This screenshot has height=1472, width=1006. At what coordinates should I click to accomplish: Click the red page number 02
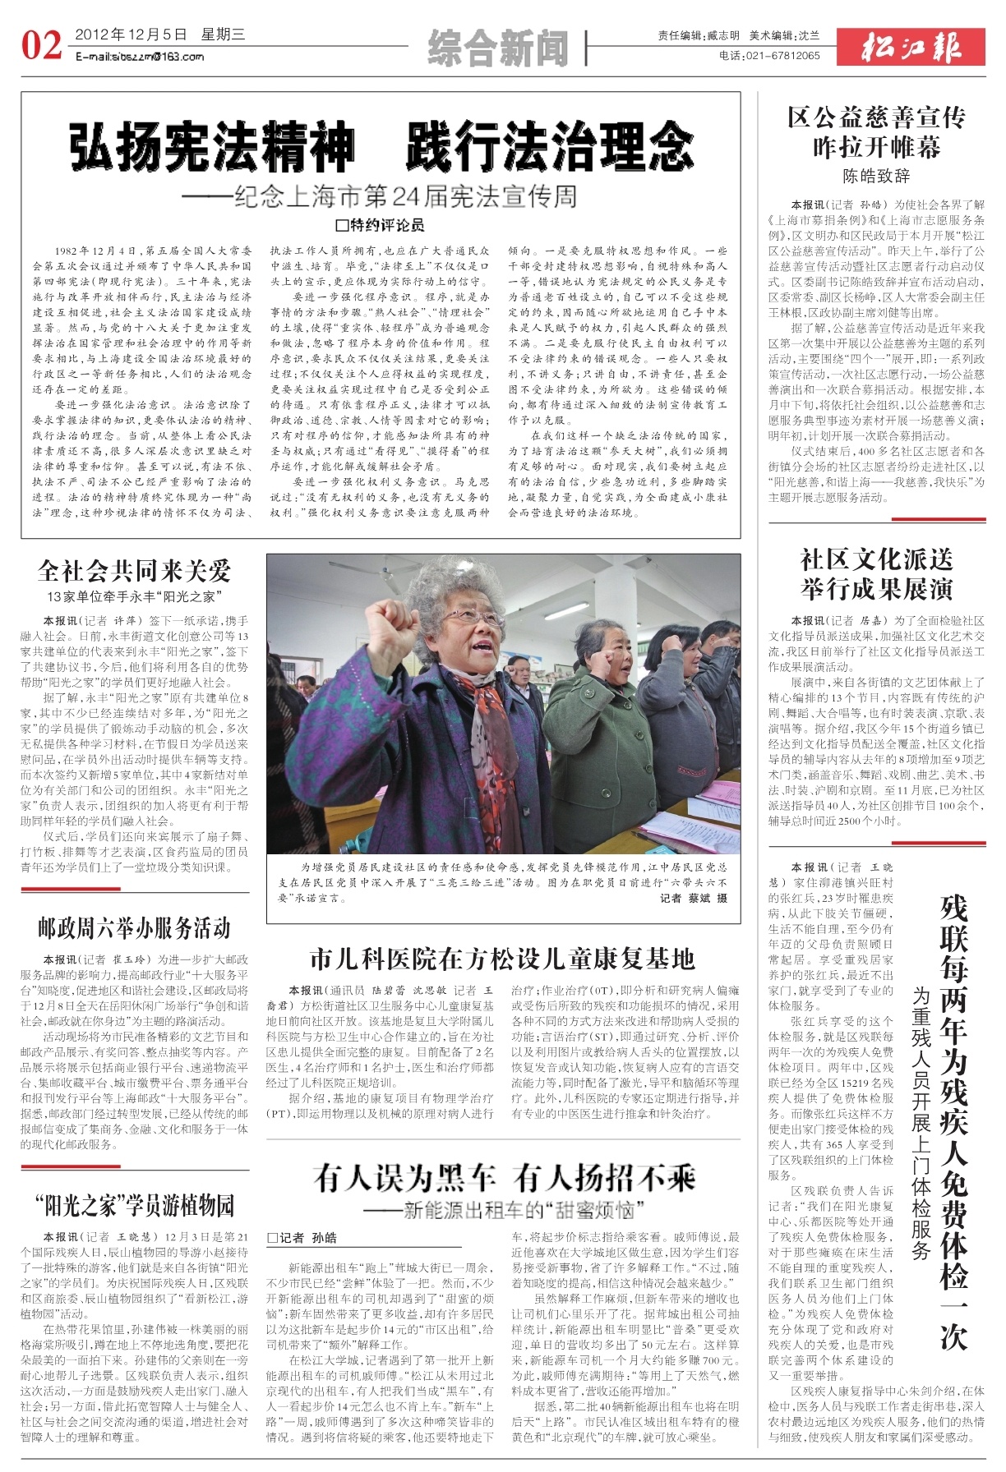pyautogui.click(x=41, y=45)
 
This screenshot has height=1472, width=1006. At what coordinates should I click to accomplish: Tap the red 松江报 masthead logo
pyautogui.click(x=911, y=48)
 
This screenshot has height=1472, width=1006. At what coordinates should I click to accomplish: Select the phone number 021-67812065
pyautogui.click(x=781, y=56)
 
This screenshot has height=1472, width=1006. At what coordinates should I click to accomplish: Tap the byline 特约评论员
pyautogui.click(x=380, y=224)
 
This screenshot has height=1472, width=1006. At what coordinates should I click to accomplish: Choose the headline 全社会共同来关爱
pyautogui.click(x=135, y=571)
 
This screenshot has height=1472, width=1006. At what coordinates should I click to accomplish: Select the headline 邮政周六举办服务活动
pyautogui.click(x=134, y=928)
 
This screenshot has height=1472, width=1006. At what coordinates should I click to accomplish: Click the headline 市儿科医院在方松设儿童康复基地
pyautogui.click(x=502, y=959)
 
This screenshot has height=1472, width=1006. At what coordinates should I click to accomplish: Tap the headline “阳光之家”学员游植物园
pyautogui.click(x=135, y=1207)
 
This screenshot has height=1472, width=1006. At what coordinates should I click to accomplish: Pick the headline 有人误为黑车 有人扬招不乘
pyautogui.click(x=504, y=1179)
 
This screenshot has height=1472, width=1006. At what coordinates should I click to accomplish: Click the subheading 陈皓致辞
pyautogui.click(x=876, y=175)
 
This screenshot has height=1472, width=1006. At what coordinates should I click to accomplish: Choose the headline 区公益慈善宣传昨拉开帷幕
pyautogui.click(x=876, y=132)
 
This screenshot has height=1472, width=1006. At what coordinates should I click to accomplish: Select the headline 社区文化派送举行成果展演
pyautogui.click(x=876, y=574)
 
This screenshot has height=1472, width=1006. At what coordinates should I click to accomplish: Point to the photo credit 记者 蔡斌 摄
pyautogui.click(x=694, y=899)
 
